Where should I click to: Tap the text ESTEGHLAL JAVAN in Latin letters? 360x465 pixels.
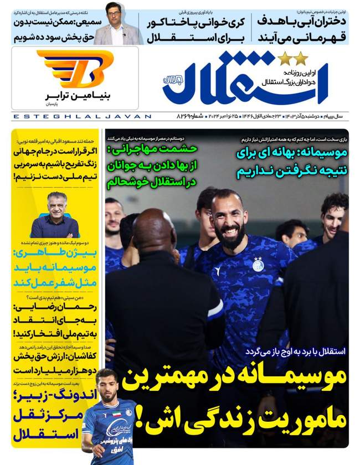(81, 117)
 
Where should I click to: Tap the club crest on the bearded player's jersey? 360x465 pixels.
(258, 265)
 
